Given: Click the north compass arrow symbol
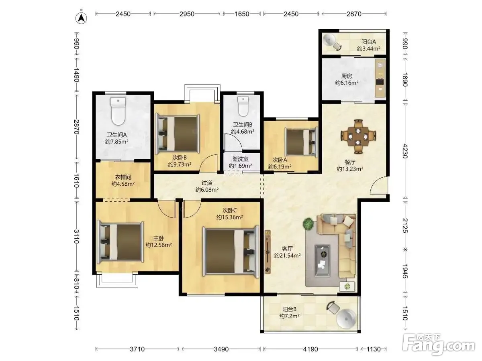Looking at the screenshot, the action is point(81,18).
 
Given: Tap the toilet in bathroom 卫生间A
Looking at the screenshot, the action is point(118,111).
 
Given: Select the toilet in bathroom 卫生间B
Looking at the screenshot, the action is point(243,107).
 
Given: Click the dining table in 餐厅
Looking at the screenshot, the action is point(358,137).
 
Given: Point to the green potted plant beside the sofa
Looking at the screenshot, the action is point(309,224).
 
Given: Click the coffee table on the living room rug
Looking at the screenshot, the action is point(323,261).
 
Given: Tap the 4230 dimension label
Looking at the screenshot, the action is point(405,151).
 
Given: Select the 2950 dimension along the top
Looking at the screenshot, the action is point(187,14).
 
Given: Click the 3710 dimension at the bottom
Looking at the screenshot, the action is point(137,349).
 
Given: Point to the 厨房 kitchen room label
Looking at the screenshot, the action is point(347,76).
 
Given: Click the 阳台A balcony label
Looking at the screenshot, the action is point(369,42).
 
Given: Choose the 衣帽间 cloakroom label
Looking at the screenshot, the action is point(123,177).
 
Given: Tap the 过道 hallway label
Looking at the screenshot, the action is point(207,183).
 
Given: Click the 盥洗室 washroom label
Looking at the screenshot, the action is point(240,159).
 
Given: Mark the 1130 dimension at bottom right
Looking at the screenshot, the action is point(374,349).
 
